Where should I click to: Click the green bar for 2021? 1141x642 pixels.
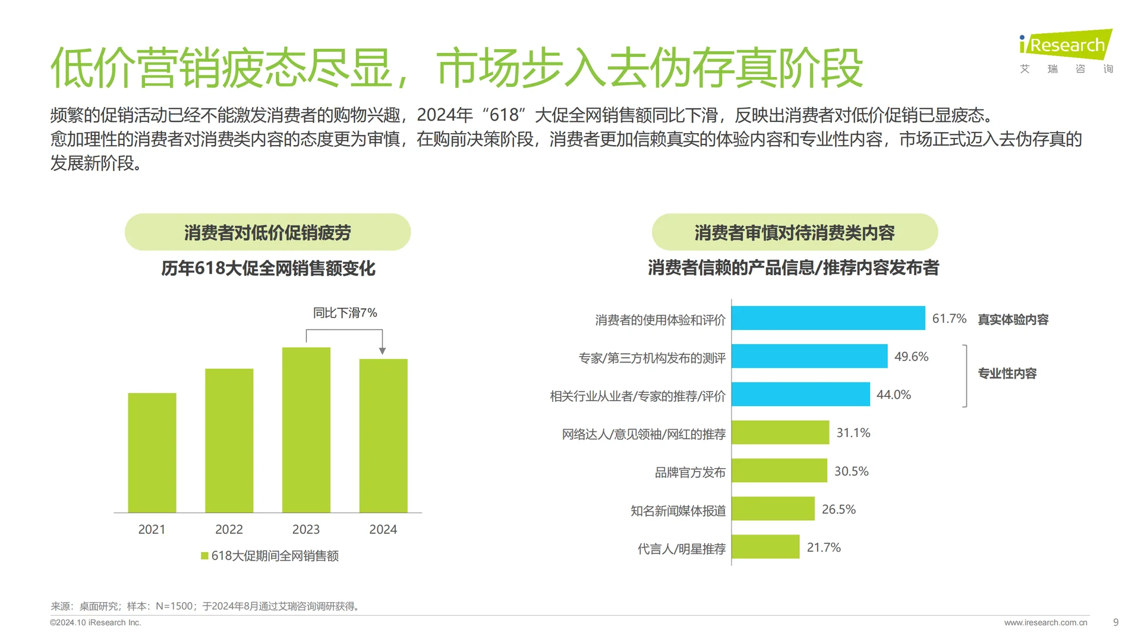pyautogui.click(x=152, y=452)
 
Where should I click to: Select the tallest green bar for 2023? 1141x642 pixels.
pyautogui.click(x=306, y=430)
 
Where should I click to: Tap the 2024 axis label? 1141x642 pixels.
pyautogui.click(x=383, y=529)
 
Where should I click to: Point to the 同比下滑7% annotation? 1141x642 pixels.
pyautogui.click(x=345, y=313)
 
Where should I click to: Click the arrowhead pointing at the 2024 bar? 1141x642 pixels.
pyautogui.click(x=382, y=351)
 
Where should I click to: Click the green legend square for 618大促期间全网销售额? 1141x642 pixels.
pyautogui.click(x=204, y=556)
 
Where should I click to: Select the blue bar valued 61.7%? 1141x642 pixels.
pyautogui.click(x=828, y=318)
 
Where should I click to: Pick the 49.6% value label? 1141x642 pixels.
pyautogui.click(x=911, y=357)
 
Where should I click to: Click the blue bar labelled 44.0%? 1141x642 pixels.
pyautogui.click(x=800, y=395)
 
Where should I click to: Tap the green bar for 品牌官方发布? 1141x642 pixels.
pyautogui.click(x=779, y=471)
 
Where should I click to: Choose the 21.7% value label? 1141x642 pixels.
pyautogui.click(x=824, y=547)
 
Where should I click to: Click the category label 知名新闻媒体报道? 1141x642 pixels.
pyautogui.click(x=677, y=511)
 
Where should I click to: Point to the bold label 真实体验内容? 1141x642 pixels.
pyautogui.click(x=1013, y=319)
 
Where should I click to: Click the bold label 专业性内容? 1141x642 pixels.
pyautogui.click(x=1007, y=373)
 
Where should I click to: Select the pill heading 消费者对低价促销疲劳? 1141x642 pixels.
pyautogui.click(x=267, y=232)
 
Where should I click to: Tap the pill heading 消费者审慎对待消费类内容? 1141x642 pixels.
pyautogui.click(x=795, y=232)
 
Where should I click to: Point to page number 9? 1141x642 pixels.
pyautogui.click(x=1115, y=622)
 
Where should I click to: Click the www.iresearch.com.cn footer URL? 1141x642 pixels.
pyautogui.click(x=1045, y=622)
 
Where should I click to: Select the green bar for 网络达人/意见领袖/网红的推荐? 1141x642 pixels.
pyautogui.click(x=780, y=433)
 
